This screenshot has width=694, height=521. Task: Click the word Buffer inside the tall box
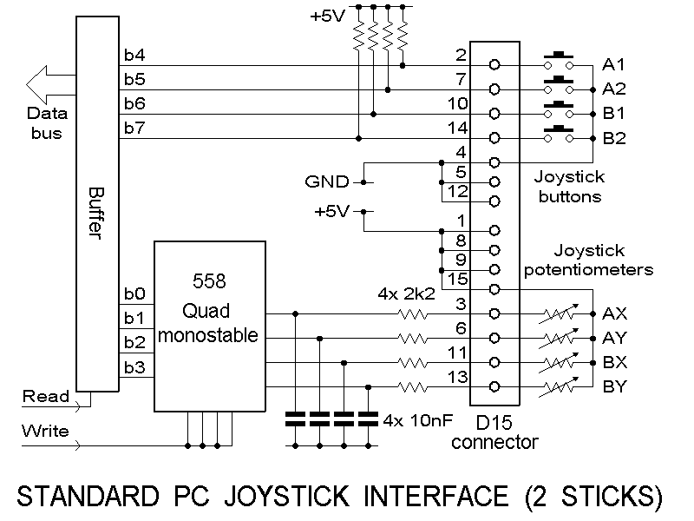(97, 208)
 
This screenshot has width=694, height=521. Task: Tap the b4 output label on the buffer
(134, 56)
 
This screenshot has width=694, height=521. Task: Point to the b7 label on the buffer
(134, 129)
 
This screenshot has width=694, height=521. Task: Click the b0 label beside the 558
(134, 293)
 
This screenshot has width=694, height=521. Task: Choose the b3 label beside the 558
(134, 366)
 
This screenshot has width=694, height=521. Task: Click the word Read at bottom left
(45, 397)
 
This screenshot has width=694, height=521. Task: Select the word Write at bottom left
(45, 432)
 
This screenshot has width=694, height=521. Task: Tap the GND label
(326, 182)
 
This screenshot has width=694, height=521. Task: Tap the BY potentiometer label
(614, 386)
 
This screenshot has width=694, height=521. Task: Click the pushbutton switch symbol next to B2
(560, 134)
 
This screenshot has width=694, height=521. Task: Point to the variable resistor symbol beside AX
(560, 313)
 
